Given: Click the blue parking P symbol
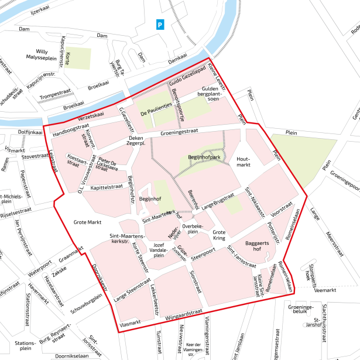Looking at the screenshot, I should point(160,24).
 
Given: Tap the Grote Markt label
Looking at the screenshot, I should point(87,222).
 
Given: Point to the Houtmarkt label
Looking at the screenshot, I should point(244,162).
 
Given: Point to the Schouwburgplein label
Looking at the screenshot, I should point(86,303).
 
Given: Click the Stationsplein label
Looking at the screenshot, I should point(25,345).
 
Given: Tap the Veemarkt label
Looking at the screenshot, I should point(324,290).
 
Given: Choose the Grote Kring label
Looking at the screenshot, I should point(219,235).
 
